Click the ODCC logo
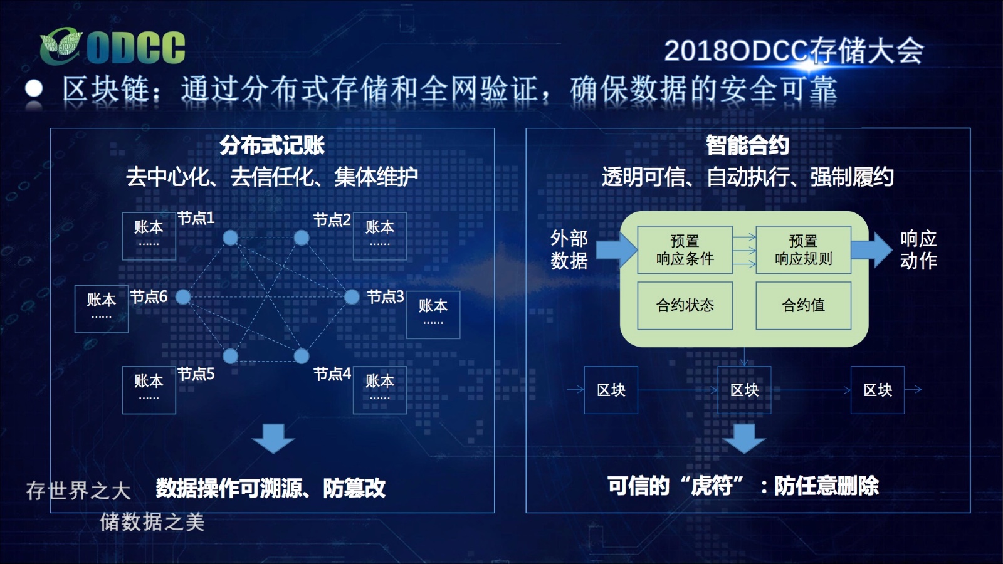(x=112, y=46)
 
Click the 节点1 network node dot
(x=230, y=238)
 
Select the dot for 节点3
(x=352, y=297)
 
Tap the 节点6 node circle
(x=182, y=297)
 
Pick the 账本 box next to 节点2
(x=380, y=236)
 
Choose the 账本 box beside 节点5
(x=149, y=390)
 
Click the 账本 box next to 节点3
(x=433, y=315)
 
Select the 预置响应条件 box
(x=685, y=250)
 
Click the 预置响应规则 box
(x=803, y=250)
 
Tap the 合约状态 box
(x=685, y=306)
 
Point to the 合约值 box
(x=803, y=306)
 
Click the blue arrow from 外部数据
(x=617, y=250)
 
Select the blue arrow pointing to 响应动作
(x=871, y=250)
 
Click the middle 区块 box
(x=744, y=390)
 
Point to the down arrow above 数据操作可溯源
(x=273, y=439)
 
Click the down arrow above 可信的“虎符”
(x=744, y=439)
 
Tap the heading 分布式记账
(x=272, y=145)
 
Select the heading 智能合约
(x=748, y=145)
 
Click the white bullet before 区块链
(x=34, y=88)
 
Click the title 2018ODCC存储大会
(x=794, y=51)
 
